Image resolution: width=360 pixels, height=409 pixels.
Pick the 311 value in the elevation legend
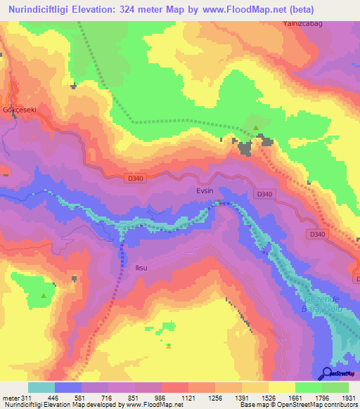click(26, 398)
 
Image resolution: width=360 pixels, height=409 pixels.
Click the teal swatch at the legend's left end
click(41, 387)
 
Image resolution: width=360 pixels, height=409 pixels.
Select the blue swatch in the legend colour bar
click(68, 387)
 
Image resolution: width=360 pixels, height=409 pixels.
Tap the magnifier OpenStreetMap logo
click(328, 373)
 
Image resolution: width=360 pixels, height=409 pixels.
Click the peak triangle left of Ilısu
click(44, 296)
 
